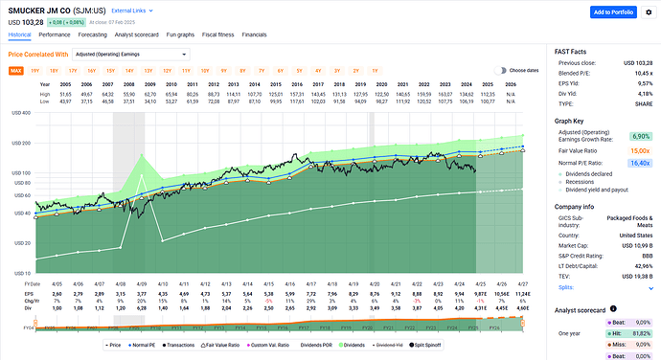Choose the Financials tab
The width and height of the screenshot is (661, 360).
point(254,34)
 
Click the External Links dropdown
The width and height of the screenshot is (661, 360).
point(131,11)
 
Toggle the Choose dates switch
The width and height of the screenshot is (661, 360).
point(501,70)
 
